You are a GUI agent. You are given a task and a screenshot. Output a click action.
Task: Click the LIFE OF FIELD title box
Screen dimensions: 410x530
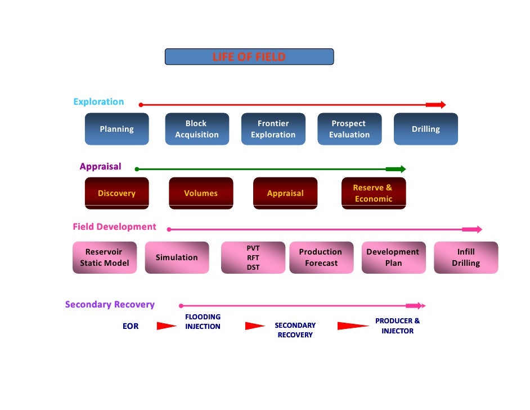coord(249,57)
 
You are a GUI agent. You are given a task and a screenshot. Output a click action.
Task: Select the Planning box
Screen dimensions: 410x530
coord(116,129)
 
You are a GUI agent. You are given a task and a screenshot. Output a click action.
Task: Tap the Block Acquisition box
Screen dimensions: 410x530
coord(197,129)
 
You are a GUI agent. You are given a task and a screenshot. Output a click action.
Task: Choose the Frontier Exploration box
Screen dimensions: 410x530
coord(273,129)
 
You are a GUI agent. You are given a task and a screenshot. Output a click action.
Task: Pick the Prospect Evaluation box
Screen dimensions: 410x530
coord(349,129)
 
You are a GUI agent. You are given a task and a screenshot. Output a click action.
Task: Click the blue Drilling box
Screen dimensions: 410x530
coord(425,129)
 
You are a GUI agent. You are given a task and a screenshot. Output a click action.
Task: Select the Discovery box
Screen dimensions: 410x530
coord(116,193)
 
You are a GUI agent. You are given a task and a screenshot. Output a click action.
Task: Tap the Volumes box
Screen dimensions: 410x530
coord(201,193)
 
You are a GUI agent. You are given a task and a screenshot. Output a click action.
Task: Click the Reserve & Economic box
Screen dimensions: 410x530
coord(374,193)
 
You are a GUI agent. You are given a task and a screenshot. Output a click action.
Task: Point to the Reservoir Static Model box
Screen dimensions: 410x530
coord(105,257)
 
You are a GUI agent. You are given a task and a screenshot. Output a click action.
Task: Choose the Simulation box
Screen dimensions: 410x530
coord(177,257)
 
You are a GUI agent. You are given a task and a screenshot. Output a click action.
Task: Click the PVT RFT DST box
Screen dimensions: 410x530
coord(253,257)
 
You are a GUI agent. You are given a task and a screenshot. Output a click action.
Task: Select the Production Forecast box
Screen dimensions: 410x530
coord(321,257)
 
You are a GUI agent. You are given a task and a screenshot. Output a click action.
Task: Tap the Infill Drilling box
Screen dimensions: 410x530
coord(466,257)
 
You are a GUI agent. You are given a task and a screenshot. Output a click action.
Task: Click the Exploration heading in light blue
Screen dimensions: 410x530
coord(98,102)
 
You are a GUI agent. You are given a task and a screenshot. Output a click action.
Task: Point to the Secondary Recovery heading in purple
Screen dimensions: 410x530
coord(110,305)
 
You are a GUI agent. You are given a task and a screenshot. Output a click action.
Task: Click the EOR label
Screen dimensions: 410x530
coord(131,326)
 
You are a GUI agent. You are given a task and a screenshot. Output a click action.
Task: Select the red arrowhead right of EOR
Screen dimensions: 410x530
coord(166,326)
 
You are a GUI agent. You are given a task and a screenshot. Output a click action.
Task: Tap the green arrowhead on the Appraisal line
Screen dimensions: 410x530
coord(396,169)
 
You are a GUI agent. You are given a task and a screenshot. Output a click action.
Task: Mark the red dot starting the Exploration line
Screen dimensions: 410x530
coord(141,105)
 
